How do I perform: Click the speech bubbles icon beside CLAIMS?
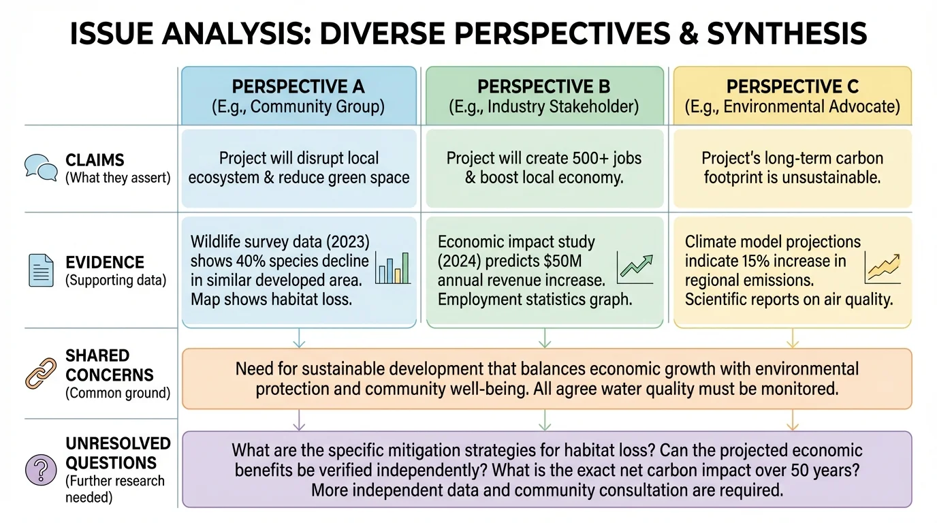pos(40,168)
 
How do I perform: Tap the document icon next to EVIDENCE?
pos(40,270)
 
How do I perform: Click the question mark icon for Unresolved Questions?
pos(40,470)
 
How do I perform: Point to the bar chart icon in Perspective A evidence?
pos(393,268)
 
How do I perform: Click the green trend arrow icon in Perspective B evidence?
pos(635,268)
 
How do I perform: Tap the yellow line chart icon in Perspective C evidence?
pos(883,268)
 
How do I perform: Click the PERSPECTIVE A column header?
pos(298,87)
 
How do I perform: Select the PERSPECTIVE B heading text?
pos(543,87)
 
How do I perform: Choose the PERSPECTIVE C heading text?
pos(792,87)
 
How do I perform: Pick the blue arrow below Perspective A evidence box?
pos(299,338)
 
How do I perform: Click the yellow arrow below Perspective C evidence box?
pos(793,338)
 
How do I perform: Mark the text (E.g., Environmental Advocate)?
pos(792,107)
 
